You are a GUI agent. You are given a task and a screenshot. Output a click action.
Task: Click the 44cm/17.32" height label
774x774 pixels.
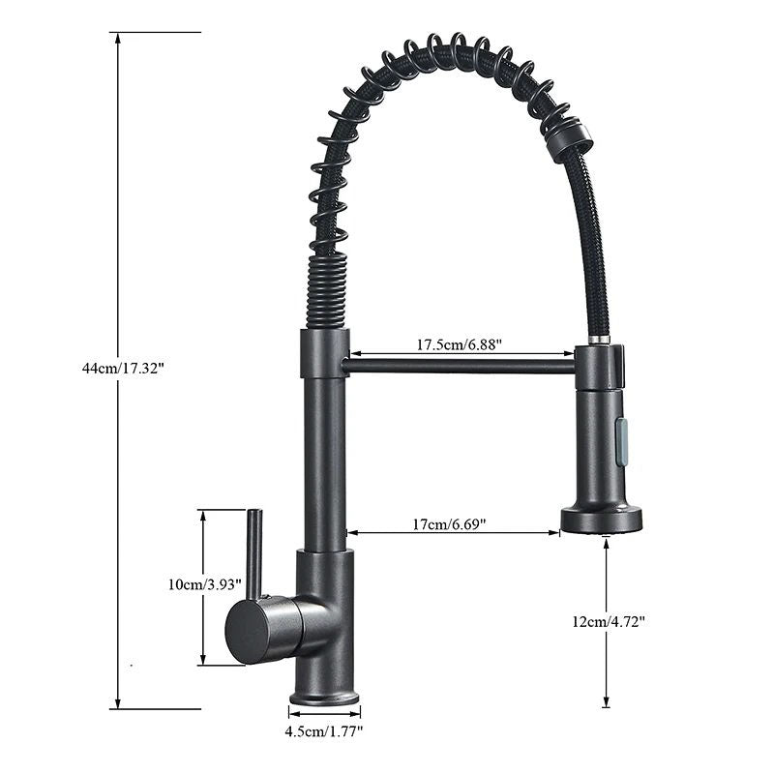(x=124, y=369)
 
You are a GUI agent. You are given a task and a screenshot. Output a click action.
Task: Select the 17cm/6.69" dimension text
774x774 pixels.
(x=449, y=524)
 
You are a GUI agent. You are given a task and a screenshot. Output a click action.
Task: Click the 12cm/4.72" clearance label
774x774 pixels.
(x=609, y=622)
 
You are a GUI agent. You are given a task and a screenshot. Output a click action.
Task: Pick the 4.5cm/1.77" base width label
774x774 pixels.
(x=324, y=732)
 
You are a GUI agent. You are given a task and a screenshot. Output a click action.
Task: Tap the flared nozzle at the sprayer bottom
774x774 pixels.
(x=601, y=519)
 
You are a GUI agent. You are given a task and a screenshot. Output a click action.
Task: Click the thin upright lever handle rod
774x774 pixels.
(x=253, y=551)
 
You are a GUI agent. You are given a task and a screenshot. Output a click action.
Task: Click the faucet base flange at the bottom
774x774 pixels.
(x=324, y=697)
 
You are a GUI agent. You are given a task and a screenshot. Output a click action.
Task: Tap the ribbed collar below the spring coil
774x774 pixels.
(x=326, y=291)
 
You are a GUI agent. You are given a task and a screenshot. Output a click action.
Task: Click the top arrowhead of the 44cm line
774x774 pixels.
(x=118, y=38)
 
